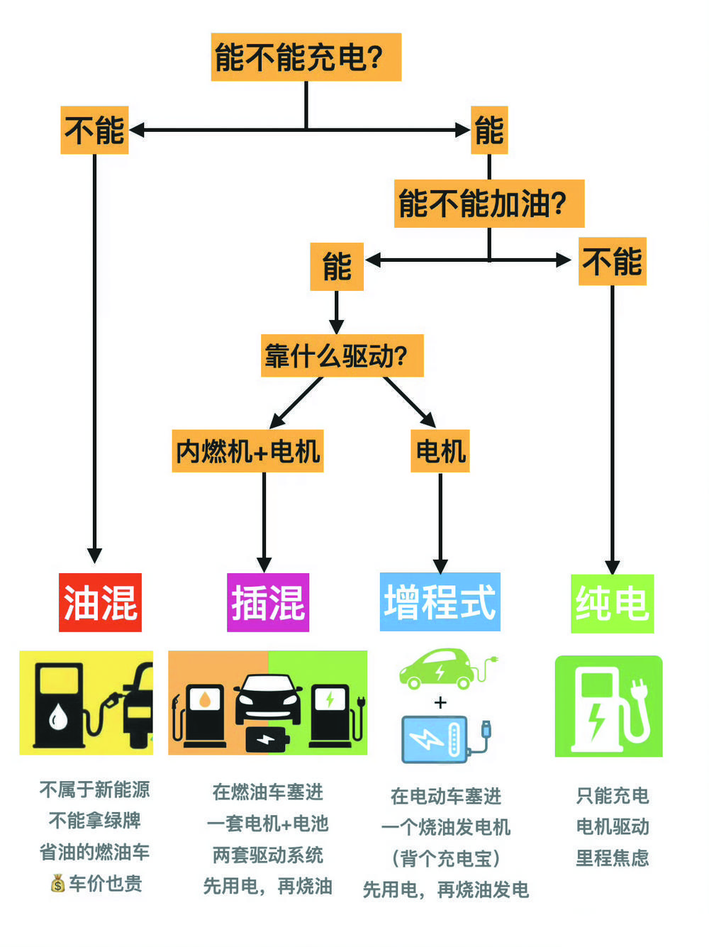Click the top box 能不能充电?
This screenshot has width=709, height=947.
point(306,57)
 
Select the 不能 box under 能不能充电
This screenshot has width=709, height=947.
point(94,130)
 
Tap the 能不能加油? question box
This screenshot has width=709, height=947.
point(489,204)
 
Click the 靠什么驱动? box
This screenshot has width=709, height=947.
point(342,355)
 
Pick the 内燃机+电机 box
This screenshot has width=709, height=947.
point(247,450)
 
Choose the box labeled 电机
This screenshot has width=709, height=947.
point(440,450)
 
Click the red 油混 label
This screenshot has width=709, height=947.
point(100,602)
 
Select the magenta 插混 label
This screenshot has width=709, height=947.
point(268,602)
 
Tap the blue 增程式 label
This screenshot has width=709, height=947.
point(440,602)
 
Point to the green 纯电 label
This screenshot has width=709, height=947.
point(612,603)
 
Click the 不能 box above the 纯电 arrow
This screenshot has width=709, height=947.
point(612,261)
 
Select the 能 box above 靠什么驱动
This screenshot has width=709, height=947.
point(336,267)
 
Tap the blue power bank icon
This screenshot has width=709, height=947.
point(435,738)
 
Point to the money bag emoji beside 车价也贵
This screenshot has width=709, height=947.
point(57,883)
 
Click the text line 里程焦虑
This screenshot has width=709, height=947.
point(612,858)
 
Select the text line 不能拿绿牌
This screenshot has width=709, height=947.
point(94,821)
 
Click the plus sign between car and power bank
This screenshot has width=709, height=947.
point(440,702)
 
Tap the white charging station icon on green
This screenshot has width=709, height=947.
point(608,707)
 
